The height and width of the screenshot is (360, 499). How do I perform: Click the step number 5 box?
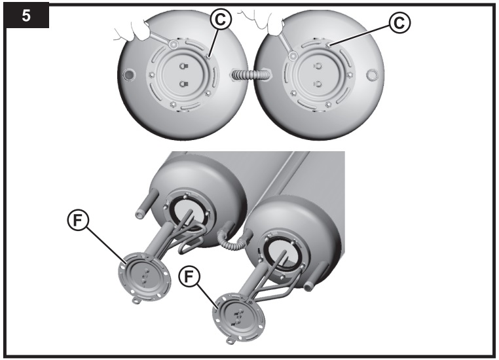click(x=26, y=14)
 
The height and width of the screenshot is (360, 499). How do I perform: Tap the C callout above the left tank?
click(x=220, y=20)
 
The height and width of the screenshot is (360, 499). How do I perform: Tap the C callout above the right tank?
click(x=400, y=22)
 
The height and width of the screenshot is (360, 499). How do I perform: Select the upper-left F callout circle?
click(x=78, y=220)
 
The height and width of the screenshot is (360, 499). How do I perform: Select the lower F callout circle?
click(x=189, y=277)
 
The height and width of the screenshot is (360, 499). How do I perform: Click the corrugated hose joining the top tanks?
click(x=251, y=76)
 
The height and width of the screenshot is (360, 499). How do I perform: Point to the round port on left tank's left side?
click(x=129, y=75)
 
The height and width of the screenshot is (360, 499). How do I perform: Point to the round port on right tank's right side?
click(x=372, y=75)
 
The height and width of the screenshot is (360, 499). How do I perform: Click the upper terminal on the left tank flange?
click(x=183, y=66)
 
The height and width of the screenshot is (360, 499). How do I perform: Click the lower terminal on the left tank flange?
click(x=183, y=84)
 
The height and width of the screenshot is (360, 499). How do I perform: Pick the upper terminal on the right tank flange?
click(x=318, y=67)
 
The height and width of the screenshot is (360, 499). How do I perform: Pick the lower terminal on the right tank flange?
click(x=318, y=84)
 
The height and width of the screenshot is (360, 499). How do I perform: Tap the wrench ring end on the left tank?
click(x=174, y=45)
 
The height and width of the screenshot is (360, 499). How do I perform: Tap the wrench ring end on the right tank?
click(x=293, y=56)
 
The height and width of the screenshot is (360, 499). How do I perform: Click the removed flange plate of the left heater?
click(x=145, y=278)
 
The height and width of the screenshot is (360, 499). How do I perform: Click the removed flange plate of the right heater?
click(x=239, y=317)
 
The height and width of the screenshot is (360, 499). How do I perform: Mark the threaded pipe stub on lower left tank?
click(x=144, y=204)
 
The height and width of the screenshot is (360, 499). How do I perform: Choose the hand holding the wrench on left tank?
click(x=134, y=31)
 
